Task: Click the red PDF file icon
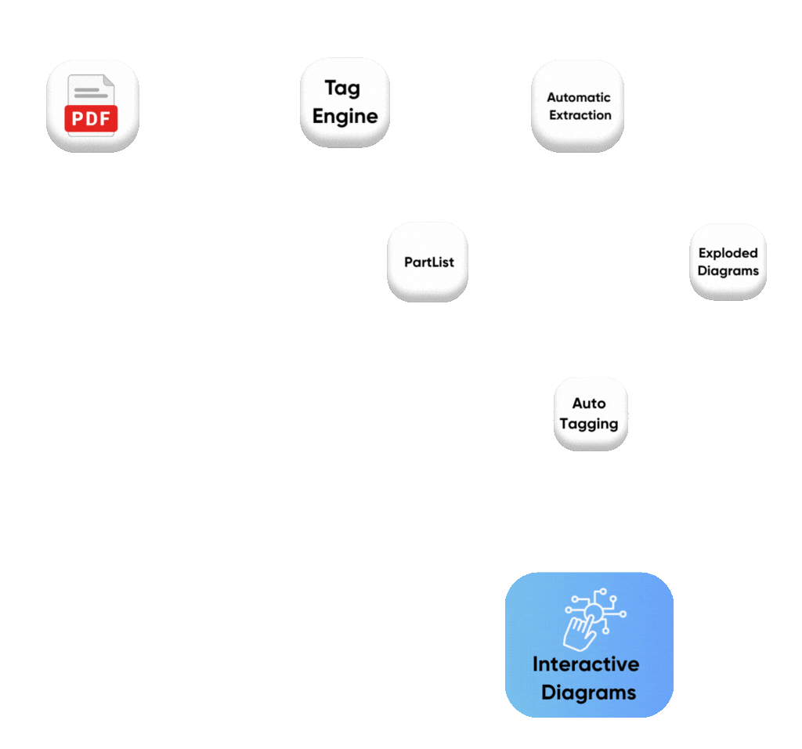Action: tap(92, 106)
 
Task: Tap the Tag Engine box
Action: tap(345, 102)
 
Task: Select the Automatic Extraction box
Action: tap(578, 106)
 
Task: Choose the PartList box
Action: tap(428, 262)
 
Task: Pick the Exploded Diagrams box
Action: tap(728, 262)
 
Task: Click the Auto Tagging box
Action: tap(591, 414)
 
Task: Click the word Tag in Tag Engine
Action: tap(342, 88)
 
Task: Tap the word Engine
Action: tap(345, 116)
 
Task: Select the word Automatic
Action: tap(578, 97)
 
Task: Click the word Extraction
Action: tap(580, 115)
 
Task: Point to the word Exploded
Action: tap(728, 253)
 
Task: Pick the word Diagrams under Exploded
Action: tap(728, 271)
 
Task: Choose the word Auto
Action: tap(589, 403)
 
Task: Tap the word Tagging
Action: tap(589, 424)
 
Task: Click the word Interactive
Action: tap(586, 664)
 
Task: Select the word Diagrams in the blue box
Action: tap(588, 693)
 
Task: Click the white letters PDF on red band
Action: tap(92, 119)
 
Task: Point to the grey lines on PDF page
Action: tap(88, 92)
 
